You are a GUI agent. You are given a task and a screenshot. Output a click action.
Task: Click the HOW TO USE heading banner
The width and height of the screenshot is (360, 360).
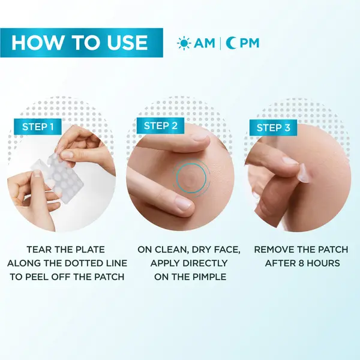point(81,43)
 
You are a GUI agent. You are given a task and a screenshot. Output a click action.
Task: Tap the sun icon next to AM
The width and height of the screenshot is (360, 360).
point(184,43)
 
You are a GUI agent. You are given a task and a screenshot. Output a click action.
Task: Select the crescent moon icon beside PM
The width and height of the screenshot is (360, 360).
point(231,43)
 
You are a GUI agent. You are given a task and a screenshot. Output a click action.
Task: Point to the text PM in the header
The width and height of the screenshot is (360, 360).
point(248,43)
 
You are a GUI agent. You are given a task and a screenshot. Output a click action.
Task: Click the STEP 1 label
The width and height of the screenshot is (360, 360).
point(38,127)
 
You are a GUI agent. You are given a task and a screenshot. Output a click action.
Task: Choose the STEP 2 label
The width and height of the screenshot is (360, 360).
point(161,125)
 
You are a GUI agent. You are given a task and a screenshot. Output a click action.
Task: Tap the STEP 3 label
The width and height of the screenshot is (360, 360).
point(273,127)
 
